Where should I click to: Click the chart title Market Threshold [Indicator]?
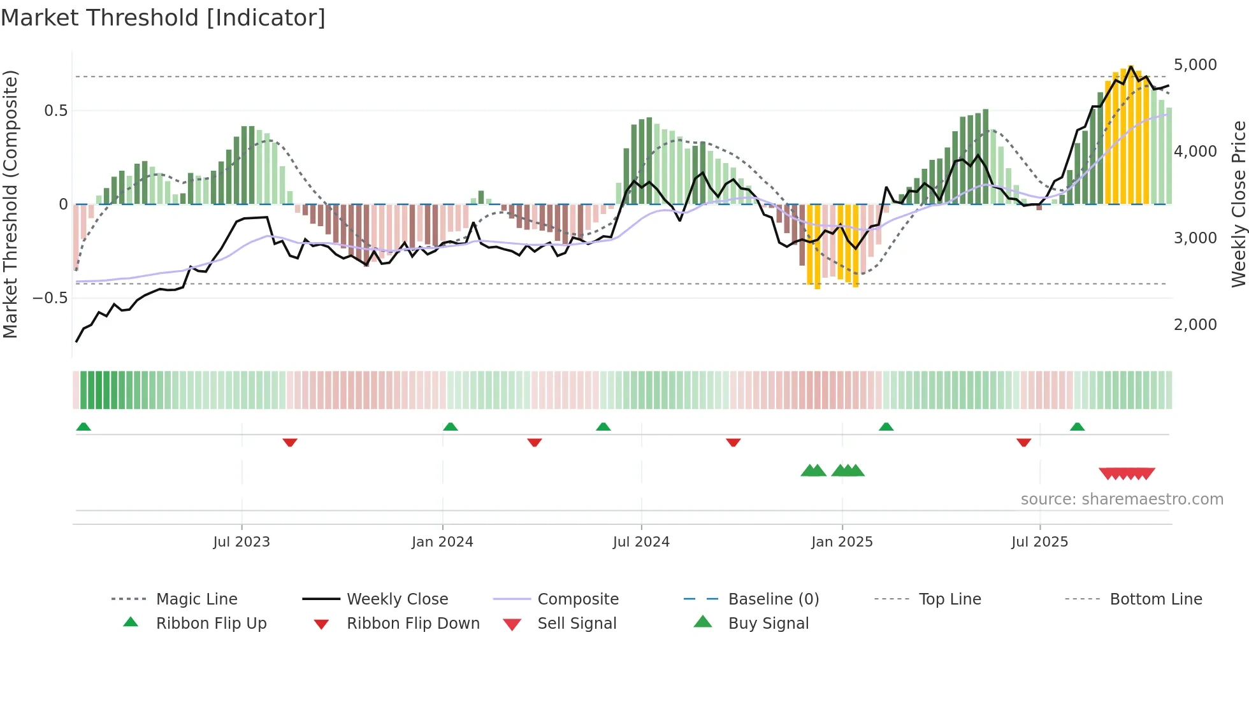(x=163, y=18)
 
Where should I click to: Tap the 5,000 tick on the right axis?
(x=1195, y=65)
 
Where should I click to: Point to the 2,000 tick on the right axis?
(x=1195, y=325)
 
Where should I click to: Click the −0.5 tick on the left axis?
(x=50, y=298)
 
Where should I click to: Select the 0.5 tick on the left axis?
(x=55, y=111)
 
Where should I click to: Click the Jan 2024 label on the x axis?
(x=442, y=542)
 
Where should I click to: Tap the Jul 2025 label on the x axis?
(x=1039, y=542)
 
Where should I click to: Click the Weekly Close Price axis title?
(x=1238, y=204)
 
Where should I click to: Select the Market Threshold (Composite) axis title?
(x=10, y=204)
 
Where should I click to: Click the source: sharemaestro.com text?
(x=1122, y=499)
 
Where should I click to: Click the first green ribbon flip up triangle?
(x=83, y=427)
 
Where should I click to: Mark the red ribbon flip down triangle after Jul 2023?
(x=290, y=442)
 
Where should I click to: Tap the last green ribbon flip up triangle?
(x=1077, y=427)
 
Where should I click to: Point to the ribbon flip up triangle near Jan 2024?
(x=451, y=427)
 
